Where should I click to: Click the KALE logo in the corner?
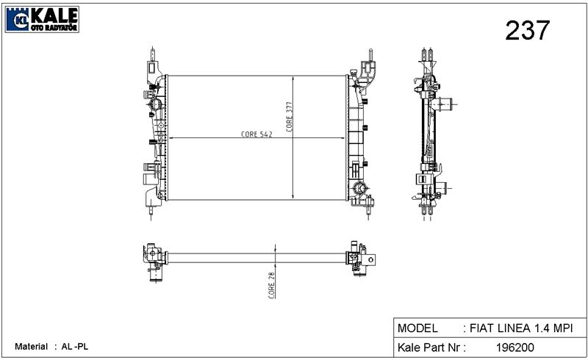click(42, 19)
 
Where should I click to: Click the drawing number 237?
click(527, 30)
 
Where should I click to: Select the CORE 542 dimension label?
click(257, 134)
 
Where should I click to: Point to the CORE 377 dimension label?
click(289, 117)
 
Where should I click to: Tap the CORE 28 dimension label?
click(271, 285)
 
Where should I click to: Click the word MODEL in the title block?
click(417, 328)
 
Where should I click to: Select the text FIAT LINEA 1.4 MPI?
click(521, 328)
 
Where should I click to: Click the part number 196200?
click(515, 348)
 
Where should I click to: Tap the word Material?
click(31, 347)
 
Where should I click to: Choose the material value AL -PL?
click(75, 347)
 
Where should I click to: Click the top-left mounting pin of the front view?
click(152, 54)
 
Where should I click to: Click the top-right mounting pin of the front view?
click(370, 55)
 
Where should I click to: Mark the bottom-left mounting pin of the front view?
click(151, 213)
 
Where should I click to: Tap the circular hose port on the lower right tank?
click(359, 188)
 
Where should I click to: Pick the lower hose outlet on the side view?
click(442, 187)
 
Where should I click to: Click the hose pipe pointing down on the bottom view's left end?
click(155, 276)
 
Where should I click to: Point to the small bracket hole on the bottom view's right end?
click(371, 259)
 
